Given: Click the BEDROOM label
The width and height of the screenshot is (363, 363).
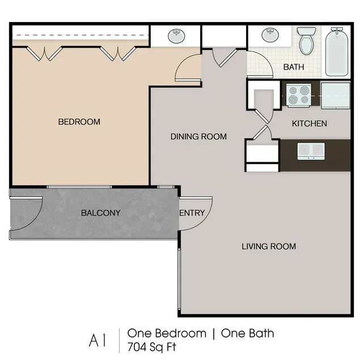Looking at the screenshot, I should [x=79, y=122].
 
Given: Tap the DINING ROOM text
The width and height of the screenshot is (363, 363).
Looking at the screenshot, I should [x=199, y=137].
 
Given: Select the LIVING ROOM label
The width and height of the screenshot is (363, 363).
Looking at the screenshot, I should [x=268, y=246].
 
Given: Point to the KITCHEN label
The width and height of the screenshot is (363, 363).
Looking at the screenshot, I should [x=309, y=124].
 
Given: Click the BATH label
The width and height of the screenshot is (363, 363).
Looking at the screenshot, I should [x=293, y=67].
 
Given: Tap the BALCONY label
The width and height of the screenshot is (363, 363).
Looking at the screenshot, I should [x=100, y=213].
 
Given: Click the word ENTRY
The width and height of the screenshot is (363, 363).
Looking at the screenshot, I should [x=192, y=213].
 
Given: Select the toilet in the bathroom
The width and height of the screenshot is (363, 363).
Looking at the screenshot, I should [x=307, y=41].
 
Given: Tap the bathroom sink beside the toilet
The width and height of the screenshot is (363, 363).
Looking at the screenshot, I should [x=271, y=36].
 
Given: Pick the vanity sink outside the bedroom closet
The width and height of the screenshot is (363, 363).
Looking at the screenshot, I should [x=176, y=36].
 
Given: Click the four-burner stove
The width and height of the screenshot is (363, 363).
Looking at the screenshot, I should [x=298, y=94].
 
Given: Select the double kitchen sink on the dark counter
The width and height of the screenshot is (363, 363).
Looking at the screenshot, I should [x=311, y=150].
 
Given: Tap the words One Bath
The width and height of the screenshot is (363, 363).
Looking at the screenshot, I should [x=247, y=333].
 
